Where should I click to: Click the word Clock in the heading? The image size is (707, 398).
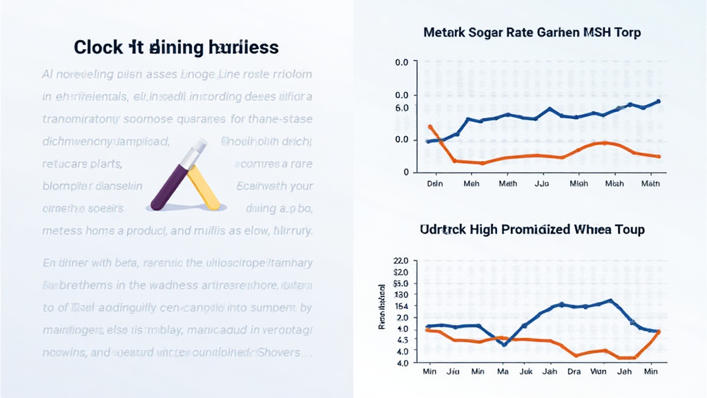97,48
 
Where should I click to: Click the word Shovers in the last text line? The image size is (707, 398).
284,352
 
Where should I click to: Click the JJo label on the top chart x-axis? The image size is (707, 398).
543,184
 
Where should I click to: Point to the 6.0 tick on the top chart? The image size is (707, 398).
402,108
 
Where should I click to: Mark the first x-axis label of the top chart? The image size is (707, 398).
435,184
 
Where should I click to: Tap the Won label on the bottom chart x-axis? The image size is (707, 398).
598,372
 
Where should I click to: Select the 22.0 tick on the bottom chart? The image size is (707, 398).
401,261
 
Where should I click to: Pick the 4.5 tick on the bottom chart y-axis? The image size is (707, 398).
402,340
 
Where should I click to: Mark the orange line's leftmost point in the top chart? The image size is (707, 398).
429,126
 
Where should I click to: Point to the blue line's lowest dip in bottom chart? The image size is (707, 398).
504,344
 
